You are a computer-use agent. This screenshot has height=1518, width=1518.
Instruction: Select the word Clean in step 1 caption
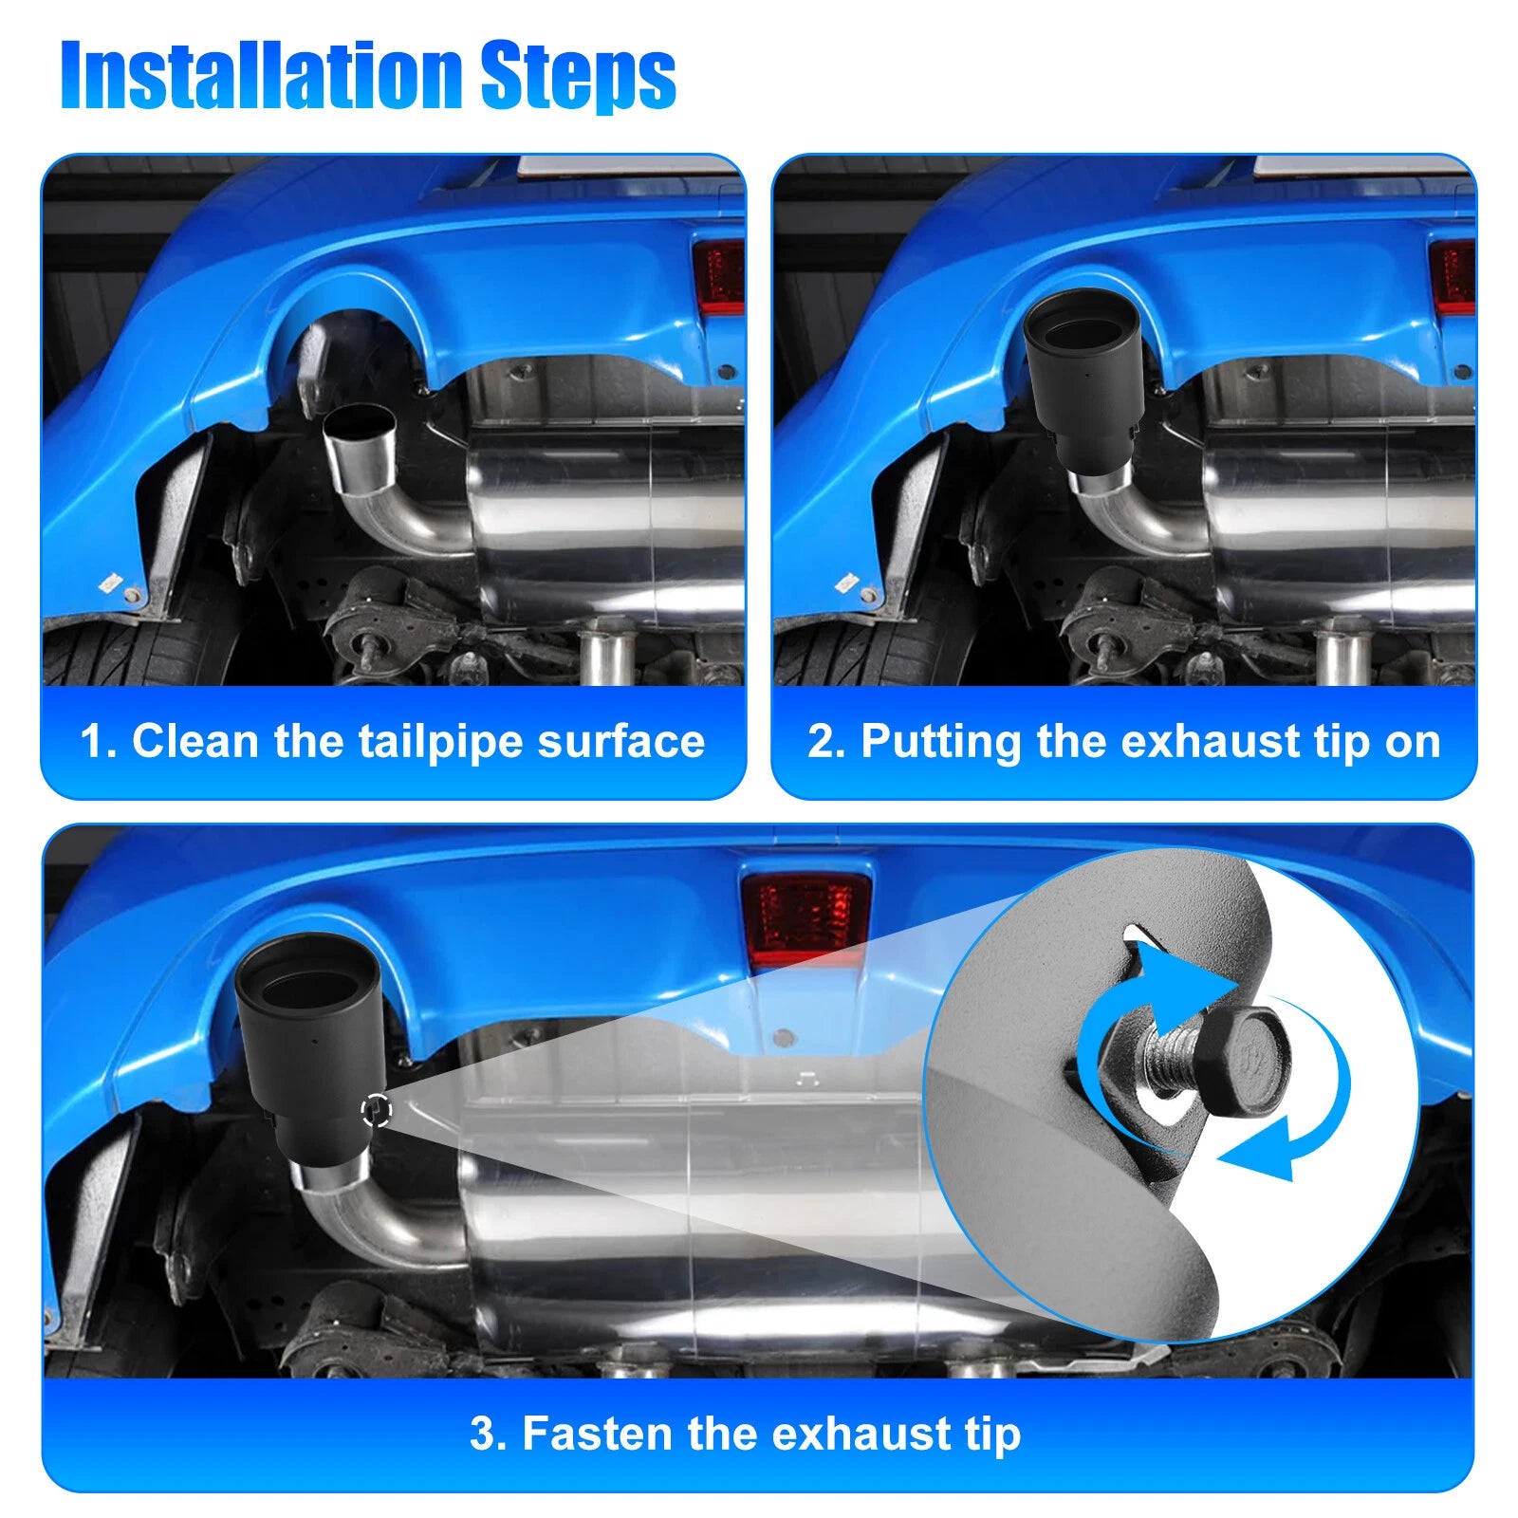click(196, 741)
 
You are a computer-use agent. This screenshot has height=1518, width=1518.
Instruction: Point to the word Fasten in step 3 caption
click(599, 1434)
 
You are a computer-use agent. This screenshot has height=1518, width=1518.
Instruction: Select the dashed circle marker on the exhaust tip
click(377, 1110)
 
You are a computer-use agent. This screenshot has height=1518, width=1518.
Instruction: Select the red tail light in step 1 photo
click(719, 276)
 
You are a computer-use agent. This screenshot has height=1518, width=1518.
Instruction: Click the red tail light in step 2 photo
click(1453, 276)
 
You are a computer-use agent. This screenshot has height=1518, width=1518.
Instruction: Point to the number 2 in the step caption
click(822, 742)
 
